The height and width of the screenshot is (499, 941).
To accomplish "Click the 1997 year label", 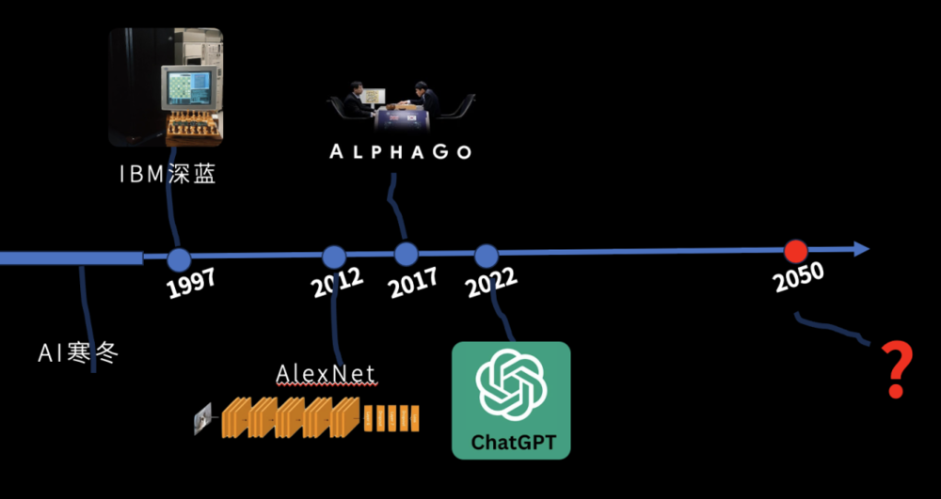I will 191,283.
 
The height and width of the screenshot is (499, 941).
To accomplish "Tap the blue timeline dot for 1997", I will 179,259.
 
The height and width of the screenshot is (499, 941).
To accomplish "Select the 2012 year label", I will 338,282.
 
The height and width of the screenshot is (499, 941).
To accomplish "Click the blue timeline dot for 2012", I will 335,257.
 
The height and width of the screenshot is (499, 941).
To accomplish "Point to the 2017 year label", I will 413,281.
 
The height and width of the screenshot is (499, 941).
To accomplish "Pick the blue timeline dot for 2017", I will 407,254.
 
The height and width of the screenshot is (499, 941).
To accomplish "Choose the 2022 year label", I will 491,281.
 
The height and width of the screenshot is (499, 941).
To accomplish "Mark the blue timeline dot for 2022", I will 486,256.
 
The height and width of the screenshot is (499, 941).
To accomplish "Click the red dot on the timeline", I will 796,251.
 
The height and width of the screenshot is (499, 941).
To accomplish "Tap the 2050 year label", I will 799,276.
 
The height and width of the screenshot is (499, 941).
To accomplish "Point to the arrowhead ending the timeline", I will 859,249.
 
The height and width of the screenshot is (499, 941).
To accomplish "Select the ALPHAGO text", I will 401,151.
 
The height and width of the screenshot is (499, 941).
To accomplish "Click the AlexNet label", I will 326,374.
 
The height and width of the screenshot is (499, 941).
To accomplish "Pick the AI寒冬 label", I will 79,353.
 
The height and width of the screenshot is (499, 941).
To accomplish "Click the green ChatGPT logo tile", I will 511,399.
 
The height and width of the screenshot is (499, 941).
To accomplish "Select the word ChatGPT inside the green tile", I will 510,441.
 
